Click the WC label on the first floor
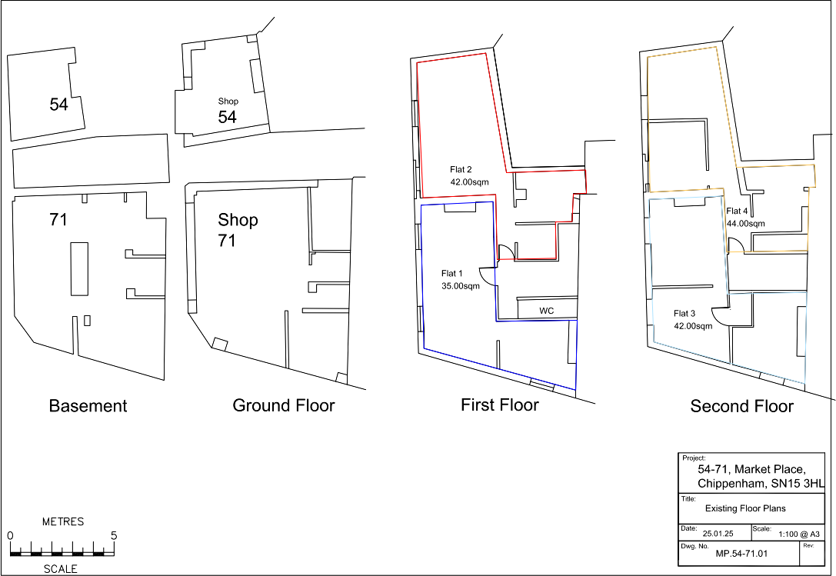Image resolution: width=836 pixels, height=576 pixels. pyautogui.click(x=547, y=311)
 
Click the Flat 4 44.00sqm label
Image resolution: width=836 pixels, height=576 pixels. pyautogui.click(x=745, y=217)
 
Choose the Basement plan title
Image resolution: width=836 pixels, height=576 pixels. pyautogui.click(x=88, y=406)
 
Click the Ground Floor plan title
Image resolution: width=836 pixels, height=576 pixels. pyautogui.click(x=284, y=405)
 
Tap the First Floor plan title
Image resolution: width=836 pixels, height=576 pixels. pyautogui.click(x=500, y=405)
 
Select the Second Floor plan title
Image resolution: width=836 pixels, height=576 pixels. pyautogui.click(x=741, y=406)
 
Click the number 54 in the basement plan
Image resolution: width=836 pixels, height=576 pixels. pyautogui.click(x=58, y=105)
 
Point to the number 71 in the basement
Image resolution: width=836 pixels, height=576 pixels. pyautogui.click(x=58, y=220)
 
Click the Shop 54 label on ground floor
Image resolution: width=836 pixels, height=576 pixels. pyautogui.click(x=228, y=111)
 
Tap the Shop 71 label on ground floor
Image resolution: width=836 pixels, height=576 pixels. pyautogui.click(x=238, y=230)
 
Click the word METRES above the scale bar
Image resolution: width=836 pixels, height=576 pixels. pyautogui.click(x=62, y=521)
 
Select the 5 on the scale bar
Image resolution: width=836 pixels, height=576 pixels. pyautogui.click(x=114, y=535)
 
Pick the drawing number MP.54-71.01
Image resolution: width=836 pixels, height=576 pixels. pyautogui.click(x=741, y=554)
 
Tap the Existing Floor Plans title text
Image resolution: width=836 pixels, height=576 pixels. pyautogui.click(x=745, y=508)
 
